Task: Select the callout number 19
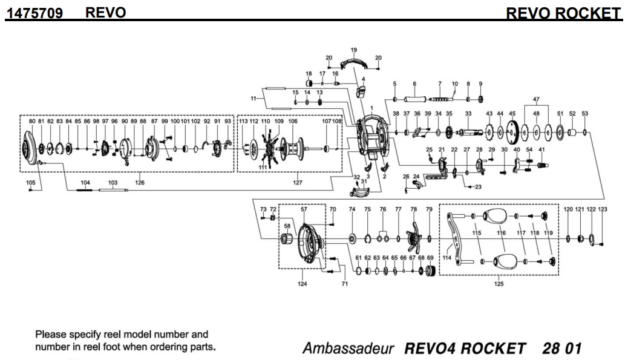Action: pyautogui.click(x=354, y=50)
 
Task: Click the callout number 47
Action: pyautogui.click(x=536, y=99)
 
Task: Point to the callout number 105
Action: pyautogui.click(x=31, y=182)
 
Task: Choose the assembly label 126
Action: pyautogui.click(x=140, y=182)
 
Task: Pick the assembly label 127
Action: pyautogui.click(x=298, y=182)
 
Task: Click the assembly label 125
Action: pyautogui.click(x=499, y=283)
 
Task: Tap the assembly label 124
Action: pyautogui.click(x=302, y=283)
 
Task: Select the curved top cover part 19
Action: pyautogui.click(x=356, y=62)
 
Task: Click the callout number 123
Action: pyautogui.click(x=603, y=209)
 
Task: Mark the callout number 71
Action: pyautogui.click(x=345, y=283)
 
